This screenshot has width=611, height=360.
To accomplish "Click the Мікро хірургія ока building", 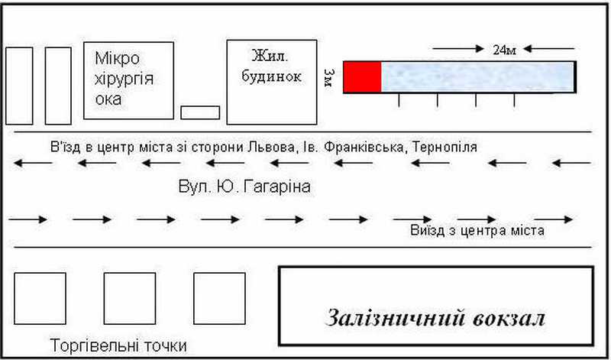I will point(127,79).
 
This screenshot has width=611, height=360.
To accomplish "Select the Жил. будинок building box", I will point(271,82).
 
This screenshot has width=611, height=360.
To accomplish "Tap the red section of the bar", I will point(362,77).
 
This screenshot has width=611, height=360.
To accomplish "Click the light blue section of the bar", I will point(477,77).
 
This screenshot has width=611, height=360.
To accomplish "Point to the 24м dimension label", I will point(505,50).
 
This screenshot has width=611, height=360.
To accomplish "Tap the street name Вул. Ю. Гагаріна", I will point(244,186).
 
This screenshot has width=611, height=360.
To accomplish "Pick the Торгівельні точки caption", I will point(118,345).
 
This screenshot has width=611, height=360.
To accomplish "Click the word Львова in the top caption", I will point(271,147).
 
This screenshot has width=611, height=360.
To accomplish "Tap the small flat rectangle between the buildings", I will point(200,112).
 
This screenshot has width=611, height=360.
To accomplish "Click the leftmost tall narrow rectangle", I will point(20,86).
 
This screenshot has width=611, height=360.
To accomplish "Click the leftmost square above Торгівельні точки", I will point(40,299).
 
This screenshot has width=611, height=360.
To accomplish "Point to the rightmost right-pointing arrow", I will point(554,219).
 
